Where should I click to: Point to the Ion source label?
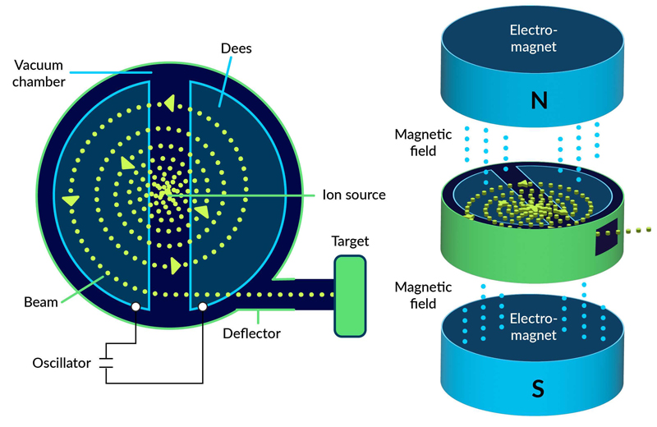coord(354,195)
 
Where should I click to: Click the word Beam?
coord(41,302)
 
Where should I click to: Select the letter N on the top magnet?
coord(538,100)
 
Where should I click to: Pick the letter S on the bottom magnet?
coord(538,388)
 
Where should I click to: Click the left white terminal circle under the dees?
coord(135,308)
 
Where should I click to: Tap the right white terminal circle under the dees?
coord(202,308)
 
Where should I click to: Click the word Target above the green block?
coord(350,241)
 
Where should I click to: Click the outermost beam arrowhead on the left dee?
coord(71,200)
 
